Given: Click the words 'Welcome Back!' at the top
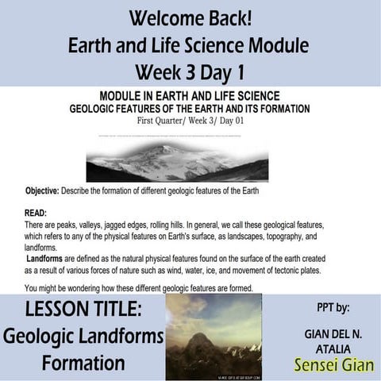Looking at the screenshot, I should tap(190, 17).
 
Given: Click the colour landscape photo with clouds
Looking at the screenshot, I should tap(214, 336).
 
